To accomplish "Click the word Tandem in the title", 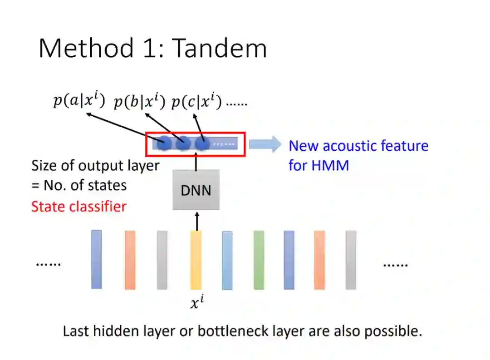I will (220, 48).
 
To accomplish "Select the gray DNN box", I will (196, 190).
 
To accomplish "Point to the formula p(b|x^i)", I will (139, 102).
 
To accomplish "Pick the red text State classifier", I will (78, 207).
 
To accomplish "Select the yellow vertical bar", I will (196, 260).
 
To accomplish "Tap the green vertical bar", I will (259, 260).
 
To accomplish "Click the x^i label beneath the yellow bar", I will (197, 303).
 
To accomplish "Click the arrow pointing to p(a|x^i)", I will (122, 127).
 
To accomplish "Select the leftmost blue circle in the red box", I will (164, 144).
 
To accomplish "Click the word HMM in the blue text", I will (330, 165).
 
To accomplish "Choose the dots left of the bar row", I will (48, 264).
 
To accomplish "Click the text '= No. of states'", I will (79, 185).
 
